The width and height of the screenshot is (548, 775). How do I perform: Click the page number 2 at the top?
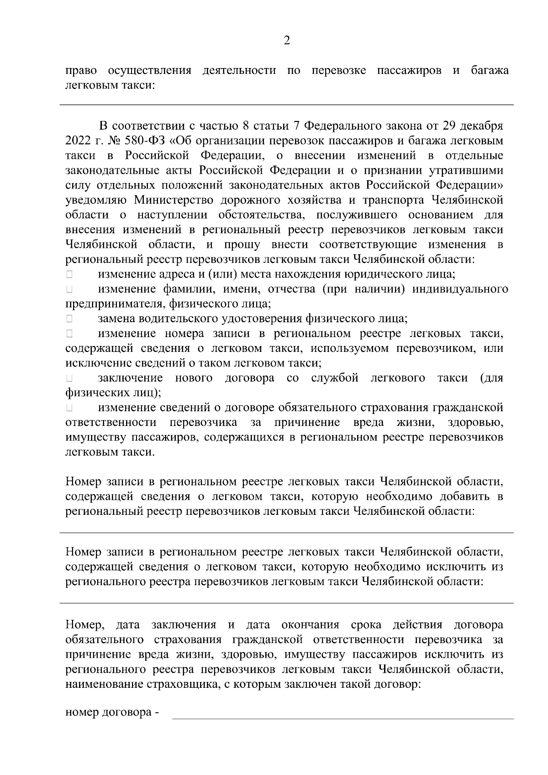(287, 41)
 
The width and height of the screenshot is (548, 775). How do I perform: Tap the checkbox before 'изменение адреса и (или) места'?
(69, 275)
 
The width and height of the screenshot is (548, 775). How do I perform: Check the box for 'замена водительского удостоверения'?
(69, 319)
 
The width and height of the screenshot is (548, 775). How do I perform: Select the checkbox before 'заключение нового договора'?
(69, 378)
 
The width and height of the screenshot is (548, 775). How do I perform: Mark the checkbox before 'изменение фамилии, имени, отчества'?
(69, 289)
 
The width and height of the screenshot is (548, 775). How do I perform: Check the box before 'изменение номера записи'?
(69, 334)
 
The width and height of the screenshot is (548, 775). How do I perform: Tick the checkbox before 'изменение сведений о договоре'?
(69, 407)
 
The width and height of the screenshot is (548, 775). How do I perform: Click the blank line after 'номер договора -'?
(342, 713)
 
